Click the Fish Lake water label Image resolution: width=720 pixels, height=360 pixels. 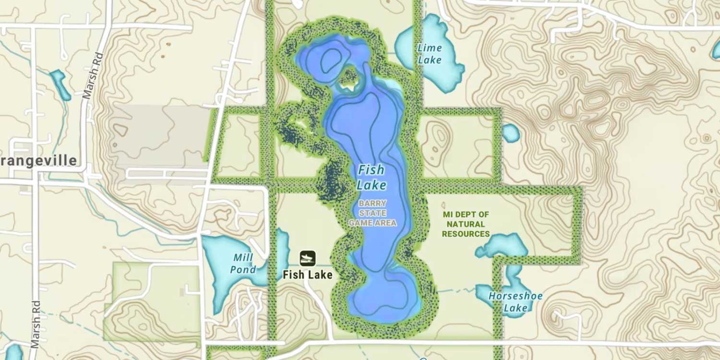tap(371, 177)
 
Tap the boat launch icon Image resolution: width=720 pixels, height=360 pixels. tap(308, 259)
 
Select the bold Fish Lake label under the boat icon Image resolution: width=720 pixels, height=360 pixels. tap(308, 275)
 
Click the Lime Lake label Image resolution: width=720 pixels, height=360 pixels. tap(429, 54)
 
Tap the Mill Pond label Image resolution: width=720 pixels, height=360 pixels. tap(243, 263)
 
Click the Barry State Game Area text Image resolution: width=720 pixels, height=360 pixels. tap(372, 213)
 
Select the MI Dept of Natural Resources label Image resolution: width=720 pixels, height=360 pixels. tap(466, 224)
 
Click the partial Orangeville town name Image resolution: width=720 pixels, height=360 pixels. tap(38, 160)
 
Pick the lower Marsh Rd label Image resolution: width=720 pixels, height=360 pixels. tap(35, 324)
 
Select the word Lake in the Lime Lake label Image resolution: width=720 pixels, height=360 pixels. tap(430, 60)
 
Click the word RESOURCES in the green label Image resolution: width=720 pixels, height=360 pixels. tap(466, 234)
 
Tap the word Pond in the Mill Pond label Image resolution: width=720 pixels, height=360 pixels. tap(243, 269)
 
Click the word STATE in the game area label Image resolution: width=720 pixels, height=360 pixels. tap(372, 213)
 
